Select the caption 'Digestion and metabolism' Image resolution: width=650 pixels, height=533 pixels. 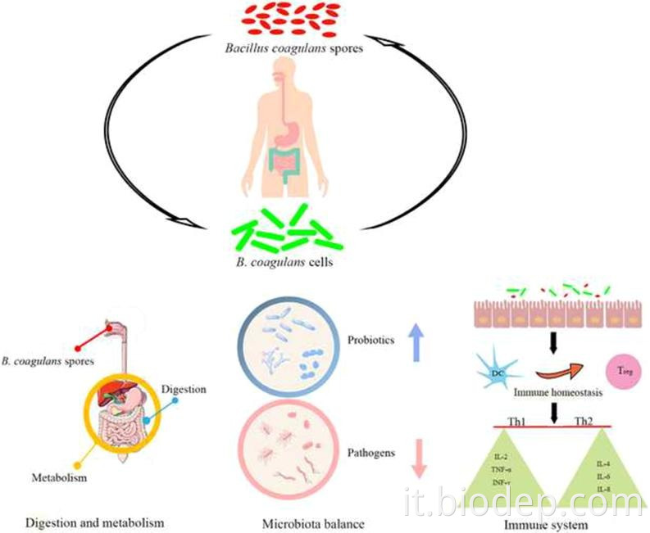coord(94,522)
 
